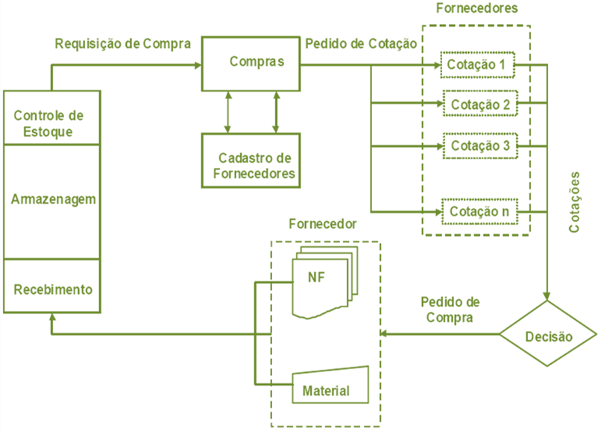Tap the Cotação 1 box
(x=476, y=66)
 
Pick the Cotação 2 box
(x=479, y=104)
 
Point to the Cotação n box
(x=479, y=213)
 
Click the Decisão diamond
(x=548, y=336)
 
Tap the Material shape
(x=330, y=386)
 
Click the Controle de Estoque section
(x=52, y=124)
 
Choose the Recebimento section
(x=52, y=288)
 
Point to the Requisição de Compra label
(x=123, y=43)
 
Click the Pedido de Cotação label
(x=361, y=43)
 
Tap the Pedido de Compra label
(x=450, y=309)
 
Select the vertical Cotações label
(x=575, y=203)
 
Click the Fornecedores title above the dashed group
(x=476, y=10)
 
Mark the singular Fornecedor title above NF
(x=322, y=224)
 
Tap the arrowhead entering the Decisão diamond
(x=548, y=295)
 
